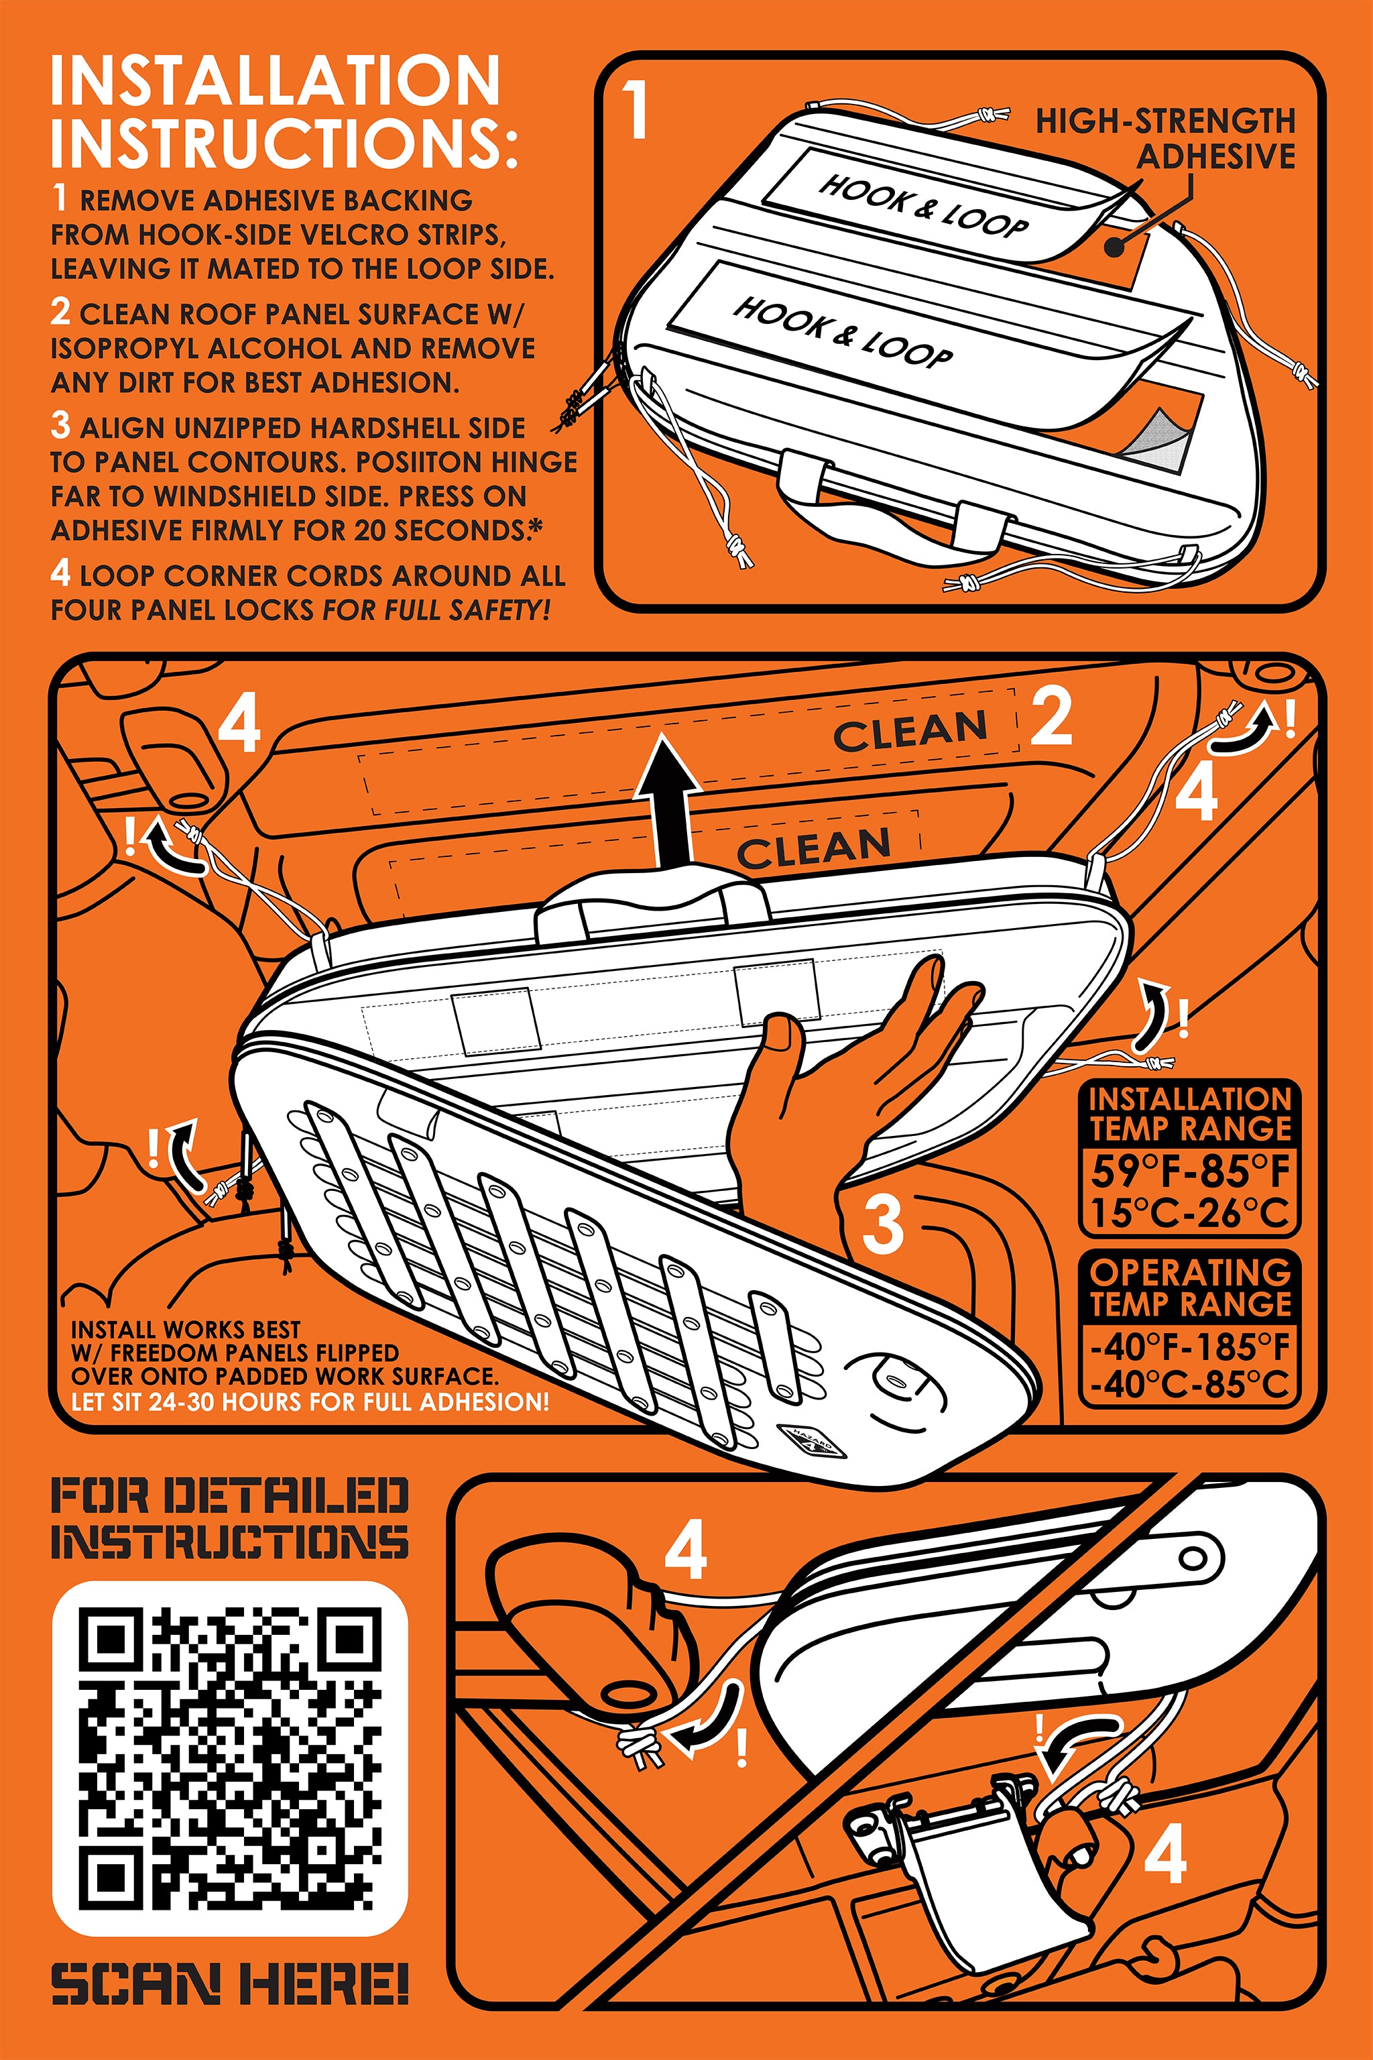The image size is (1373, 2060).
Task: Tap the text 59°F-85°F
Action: pyautogui.click(x=1190, y=1170)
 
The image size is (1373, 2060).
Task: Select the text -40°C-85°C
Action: pyautogui.click(x=1190, y=1384)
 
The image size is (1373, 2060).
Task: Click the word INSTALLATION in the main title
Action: pyautogui.click(x=275, y=80)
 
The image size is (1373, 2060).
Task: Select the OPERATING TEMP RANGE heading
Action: pyautogui.click(x=1190, y=1287)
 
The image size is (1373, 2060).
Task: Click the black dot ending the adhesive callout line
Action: pyautogui.click(x=1113, y=247)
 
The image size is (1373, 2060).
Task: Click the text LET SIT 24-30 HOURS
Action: pyautogui.click(x=188, y=1402)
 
